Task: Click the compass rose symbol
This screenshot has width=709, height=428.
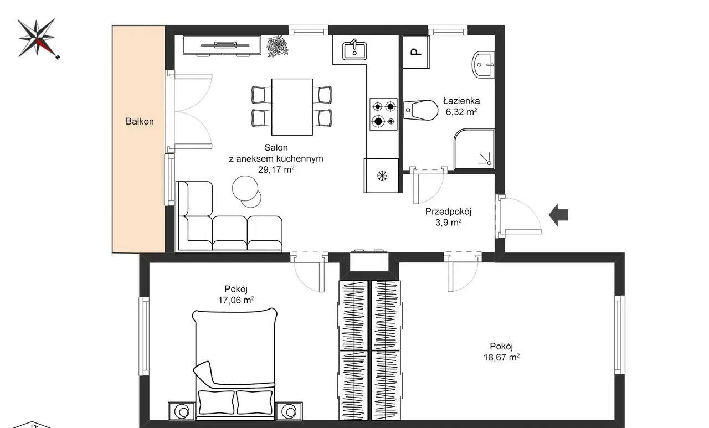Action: pos(37,39)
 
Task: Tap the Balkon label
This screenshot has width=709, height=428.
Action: pos(140,121)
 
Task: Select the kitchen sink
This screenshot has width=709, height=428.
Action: pos(354,51)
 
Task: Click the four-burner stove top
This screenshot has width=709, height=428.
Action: pos(384,114)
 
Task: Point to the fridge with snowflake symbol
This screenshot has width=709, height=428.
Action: pos(382,176)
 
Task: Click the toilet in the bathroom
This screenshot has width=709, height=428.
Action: pos(420,110)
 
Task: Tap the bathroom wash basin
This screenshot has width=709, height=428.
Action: pos(484,65)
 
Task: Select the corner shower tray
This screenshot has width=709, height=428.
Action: pos(474,149)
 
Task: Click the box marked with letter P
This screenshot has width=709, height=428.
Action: pos(416,52)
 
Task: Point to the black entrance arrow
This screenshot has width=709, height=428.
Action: pos(558,215)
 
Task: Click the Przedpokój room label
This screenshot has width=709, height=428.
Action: pos(448,212)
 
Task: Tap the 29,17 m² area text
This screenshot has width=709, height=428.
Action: pos(276,170)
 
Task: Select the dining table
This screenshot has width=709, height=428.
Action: pos(292,107)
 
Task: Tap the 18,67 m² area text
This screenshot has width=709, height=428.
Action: pos(501,358)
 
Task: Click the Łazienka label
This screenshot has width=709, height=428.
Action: pos(461,101)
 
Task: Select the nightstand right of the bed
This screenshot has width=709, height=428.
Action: pos(289,411)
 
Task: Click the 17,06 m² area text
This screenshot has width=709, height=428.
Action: pos(236,300)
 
